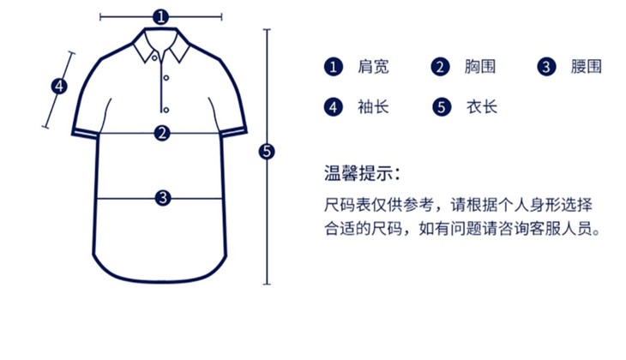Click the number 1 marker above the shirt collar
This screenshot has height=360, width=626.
click(x=160, y=16)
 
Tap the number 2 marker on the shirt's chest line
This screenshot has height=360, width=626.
click(x=161, y=133)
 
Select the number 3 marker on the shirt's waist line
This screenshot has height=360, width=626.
click(x=163, y=197)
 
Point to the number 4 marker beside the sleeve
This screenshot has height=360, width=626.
click(x=58, y=86)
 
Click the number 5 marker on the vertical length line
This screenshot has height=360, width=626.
click(x=267, y=152)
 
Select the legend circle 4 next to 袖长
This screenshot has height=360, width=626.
click(x=333, y=107)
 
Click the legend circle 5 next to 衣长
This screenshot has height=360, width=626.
click(x=441, y=107)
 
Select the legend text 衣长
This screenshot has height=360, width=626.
click(x=481, y=107)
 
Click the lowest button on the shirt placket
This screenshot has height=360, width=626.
click(x=164, y=109)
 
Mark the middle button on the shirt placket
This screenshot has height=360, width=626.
click(x=164, y=84)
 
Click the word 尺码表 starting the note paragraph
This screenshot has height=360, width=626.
click(x=346, y=206)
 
